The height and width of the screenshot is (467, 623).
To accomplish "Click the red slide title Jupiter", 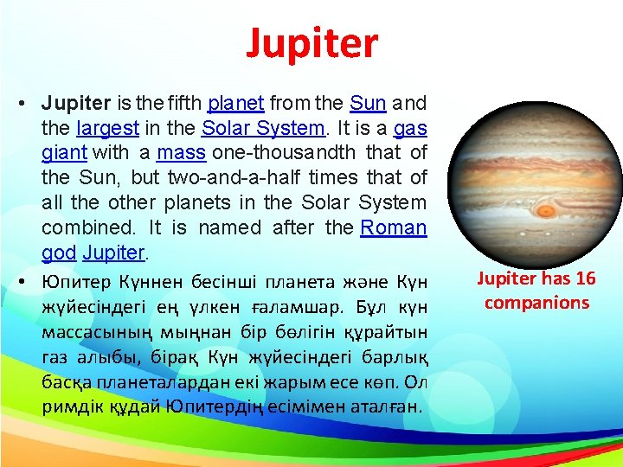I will [311, 44].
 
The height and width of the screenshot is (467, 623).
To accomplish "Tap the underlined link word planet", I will [236, 104].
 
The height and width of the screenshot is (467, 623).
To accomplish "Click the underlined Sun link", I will [368, 104].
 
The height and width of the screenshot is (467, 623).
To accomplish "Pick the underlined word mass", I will [182, 154].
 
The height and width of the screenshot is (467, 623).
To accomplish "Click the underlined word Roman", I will [394, 228].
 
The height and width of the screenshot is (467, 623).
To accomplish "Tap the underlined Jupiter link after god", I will [117, 253].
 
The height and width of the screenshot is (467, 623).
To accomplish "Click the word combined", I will [82, 228].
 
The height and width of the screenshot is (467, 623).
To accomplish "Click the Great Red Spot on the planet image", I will [546, 210].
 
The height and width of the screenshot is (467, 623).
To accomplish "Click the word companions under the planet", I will [536, 303].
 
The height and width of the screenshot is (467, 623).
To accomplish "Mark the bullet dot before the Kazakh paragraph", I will [20, 281].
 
